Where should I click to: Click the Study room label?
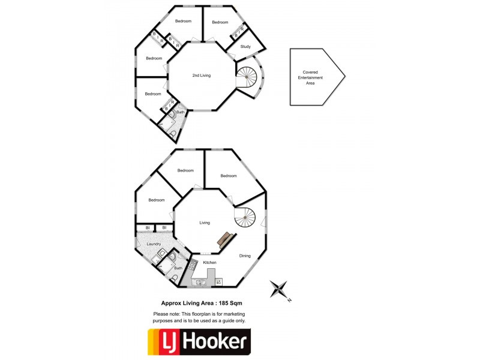245,47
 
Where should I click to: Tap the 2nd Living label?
202,76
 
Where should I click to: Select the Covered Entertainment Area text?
310,78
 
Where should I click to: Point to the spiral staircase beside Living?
245,218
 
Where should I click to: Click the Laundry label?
154,244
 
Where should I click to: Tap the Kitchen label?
209,262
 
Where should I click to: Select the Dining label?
245,256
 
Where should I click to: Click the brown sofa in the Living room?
226,239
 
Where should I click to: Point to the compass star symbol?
278,289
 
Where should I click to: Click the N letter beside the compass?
289,301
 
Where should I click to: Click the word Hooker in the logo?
217,342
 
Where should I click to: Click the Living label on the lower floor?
205,223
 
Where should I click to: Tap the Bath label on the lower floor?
178,268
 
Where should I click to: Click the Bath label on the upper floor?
181,112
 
